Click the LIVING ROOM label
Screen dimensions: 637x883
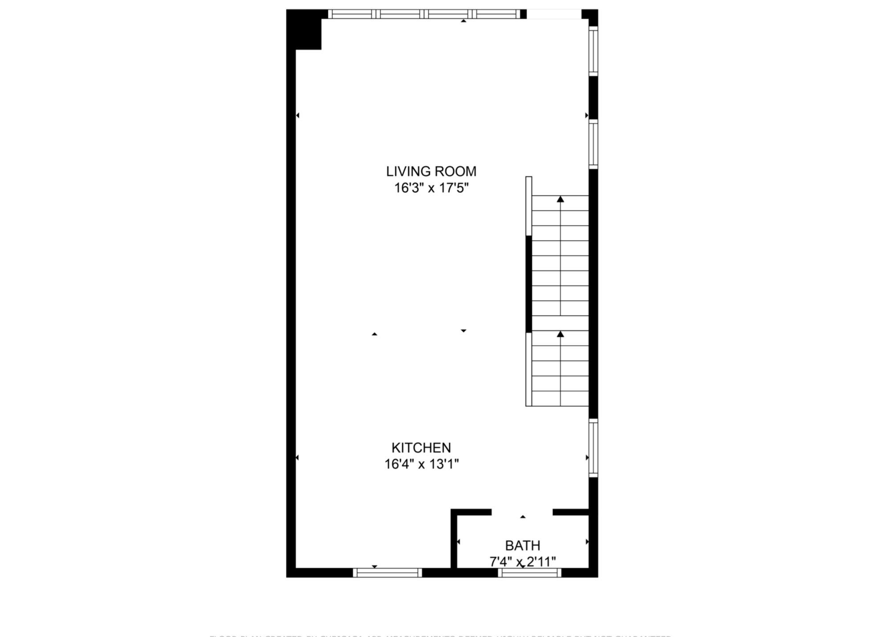(431, 171)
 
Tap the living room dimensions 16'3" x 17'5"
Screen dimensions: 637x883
(431, 188)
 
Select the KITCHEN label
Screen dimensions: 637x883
(421, 448)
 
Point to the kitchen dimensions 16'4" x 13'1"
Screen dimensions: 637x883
(421, 465)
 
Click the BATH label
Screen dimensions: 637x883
(522, 546)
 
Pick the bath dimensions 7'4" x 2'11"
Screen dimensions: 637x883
(522, 562)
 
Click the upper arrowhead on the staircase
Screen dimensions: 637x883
(560, 199)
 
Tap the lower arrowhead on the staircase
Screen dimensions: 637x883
(560, 334)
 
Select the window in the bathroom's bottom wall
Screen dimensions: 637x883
(529, 573)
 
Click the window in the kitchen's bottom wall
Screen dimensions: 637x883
(387, 573)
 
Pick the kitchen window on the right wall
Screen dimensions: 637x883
(593, 448)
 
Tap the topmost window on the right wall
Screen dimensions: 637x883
(593, 51)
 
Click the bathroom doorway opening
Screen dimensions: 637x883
(522, 512)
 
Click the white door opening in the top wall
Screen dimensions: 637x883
(554, 14)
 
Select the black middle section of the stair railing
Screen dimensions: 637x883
(529, 284)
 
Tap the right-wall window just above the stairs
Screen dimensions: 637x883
(593, 144)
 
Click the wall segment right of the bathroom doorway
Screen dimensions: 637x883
(570, 512)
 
